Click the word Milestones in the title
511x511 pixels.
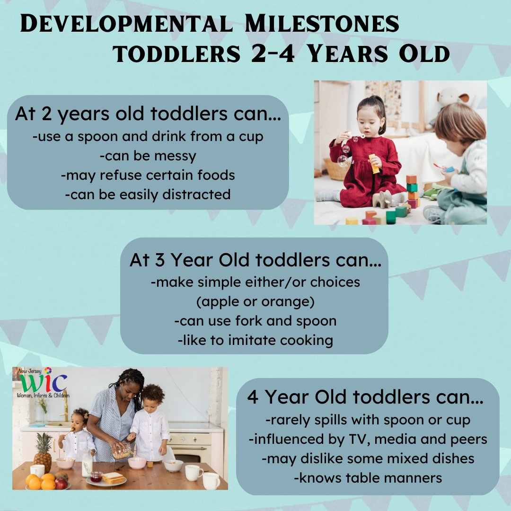[322, 24]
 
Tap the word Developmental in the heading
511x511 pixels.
[126, 24]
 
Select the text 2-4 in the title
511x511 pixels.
[273, 53]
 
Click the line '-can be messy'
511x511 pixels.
[148, 156]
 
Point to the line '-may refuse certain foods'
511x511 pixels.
[148, 176]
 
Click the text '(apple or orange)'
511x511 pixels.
[255, 301]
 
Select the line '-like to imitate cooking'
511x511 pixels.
[255, 340]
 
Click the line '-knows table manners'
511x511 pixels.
[368, 478]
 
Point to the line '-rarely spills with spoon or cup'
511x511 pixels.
[368, 420]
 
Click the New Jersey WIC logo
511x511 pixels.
[43, 383]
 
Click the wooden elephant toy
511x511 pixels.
[382, 199]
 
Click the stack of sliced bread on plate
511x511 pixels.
[113, 478]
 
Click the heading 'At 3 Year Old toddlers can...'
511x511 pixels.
[255, 260]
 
